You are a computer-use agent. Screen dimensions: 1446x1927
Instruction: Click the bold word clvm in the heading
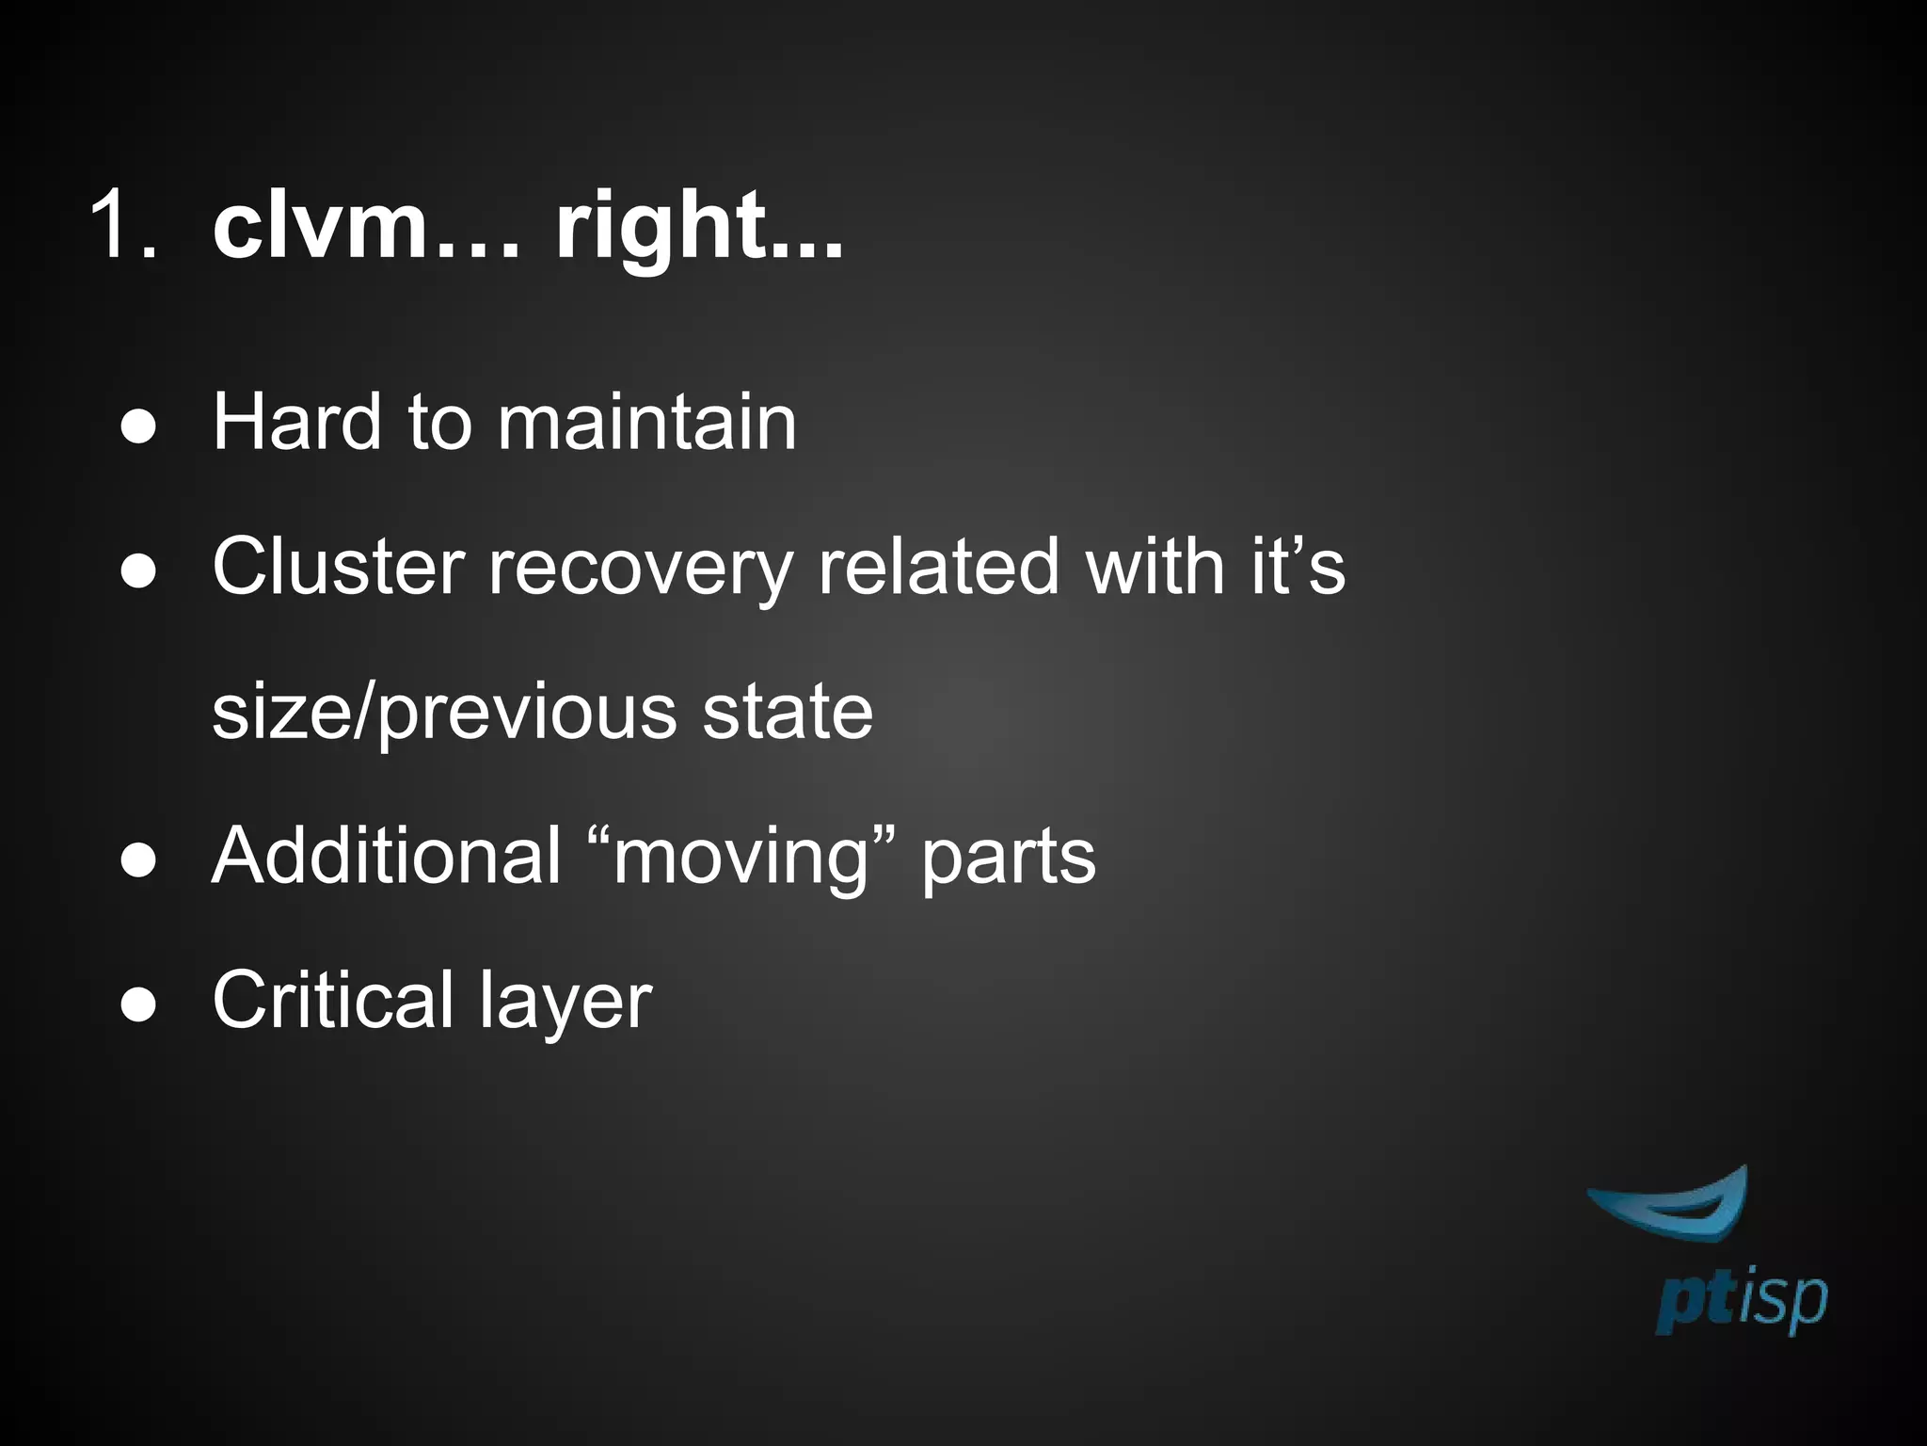320,226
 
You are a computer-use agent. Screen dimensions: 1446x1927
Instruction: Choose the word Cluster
338,567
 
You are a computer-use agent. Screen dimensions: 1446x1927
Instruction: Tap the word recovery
641,569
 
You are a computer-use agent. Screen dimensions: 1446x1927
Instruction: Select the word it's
1298,567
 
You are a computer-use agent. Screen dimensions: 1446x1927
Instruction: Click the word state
788,712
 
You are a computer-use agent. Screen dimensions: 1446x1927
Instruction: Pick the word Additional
387,856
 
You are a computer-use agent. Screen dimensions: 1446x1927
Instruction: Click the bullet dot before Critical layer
138,1005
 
